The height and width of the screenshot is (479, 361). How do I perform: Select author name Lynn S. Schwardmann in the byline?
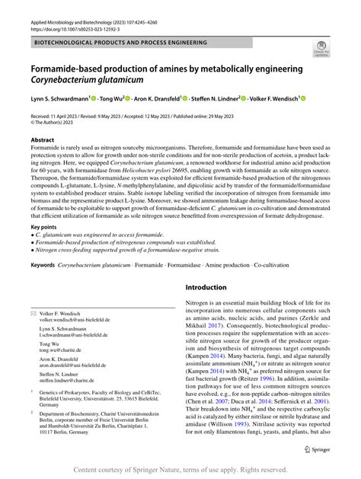pyautogui.click(x=59, y=99)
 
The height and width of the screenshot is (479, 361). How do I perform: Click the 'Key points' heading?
pyautogui.click(x=45, y=227)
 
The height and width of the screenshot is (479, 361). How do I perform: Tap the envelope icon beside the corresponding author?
pyautogui.click(x=34, y=314)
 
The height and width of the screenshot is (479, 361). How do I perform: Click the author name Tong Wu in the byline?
pyautogui.click(x=115, y=99)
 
